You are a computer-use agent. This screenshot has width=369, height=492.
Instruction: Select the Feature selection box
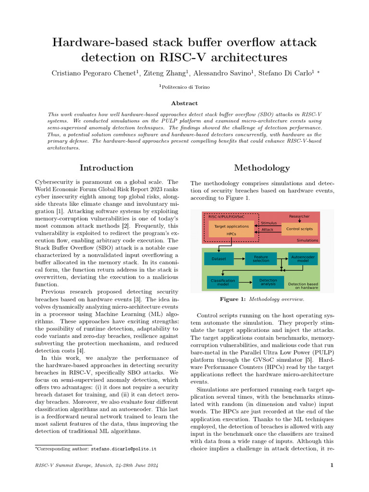(260, 258)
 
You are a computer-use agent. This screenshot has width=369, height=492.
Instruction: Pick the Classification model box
(222, 282)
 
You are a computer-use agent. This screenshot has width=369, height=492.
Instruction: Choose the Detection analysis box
(268, 282)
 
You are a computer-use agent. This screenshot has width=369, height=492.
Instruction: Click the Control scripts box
(299, 229)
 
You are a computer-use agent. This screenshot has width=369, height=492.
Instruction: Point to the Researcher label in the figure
(299, 216)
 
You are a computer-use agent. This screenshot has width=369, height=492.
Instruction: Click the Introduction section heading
(106, 168)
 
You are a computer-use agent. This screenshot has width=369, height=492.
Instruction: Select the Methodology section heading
(262, 168)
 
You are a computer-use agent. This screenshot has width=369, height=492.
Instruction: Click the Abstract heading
(184, 103)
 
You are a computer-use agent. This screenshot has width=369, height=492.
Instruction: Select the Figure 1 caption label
(233, 299)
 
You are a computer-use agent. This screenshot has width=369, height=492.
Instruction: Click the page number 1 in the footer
(332, 465)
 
